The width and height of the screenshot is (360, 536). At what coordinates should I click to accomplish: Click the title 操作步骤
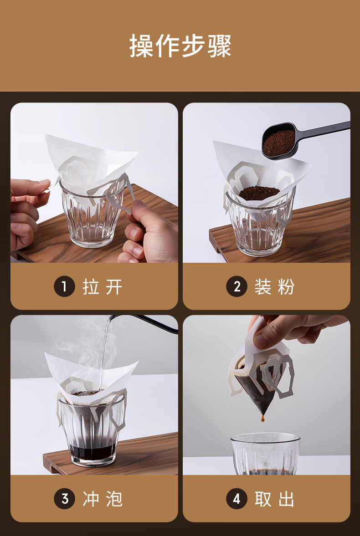click(x=180, y=46)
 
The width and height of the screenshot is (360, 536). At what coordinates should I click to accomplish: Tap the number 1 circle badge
click(x=64, y=286)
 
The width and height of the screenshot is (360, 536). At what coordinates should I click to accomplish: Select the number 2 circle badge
click(x=237, y=286)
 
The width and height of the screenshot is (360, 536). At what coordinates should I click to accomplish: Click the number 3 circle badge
click(x=64, y=499)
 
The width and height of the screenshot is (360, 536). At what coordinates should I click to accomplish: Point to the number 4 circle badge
click(x=237, y=499)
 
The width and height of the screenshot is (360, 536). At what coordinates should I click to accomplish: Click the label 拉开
click(x=103, y=286)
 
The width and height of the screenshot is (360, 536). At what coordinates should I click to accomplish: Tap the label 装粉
click(x=274, y=286)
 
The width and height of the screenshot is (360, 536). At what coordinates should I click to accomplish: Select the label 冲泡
click(x=103, y=499)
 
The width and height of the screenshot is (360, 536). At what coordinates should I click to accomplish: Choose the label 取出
click(x=274, y=499)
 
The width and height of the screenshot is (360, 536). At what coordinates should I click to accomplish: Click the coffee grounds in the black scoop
click(x=278, y=143)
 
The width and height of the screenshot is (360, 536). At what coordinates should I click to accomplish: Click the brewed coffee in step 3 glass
click(x=92, y=452)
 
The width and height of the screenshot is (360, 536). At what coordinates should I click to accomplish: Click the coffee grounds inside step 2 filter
click(x=259, y=193)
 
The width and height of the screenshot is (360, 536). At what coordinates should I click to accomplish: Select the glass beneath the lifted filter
click(x=266, y=454)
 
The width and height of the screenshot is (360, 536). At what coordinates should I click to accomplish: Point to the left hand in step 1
click(x=27, y=214)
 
